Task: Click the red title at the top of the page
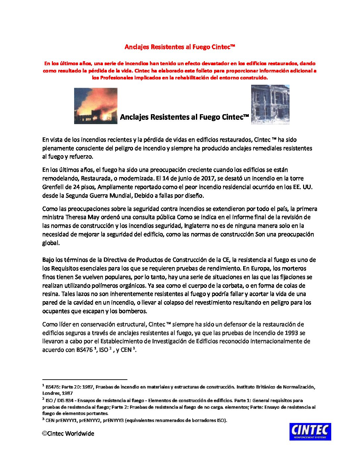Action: click(180, 47)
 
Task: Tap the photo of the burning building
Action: click(96, 106)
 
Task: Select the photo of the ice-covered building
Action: click(270, 105)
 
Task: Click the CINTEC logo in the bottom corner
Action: click(310, 432)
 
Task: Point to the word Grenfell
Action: click(53, 187)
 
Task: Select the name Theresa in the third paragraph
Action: click(75, 217)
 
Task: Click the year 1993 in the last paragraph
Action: click(292, 333)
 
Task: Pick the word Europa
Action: click(253, 268)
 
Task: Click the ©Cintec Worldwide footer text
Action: click(68, 434)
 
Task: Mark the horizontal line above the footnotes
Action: click(85, 380)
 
